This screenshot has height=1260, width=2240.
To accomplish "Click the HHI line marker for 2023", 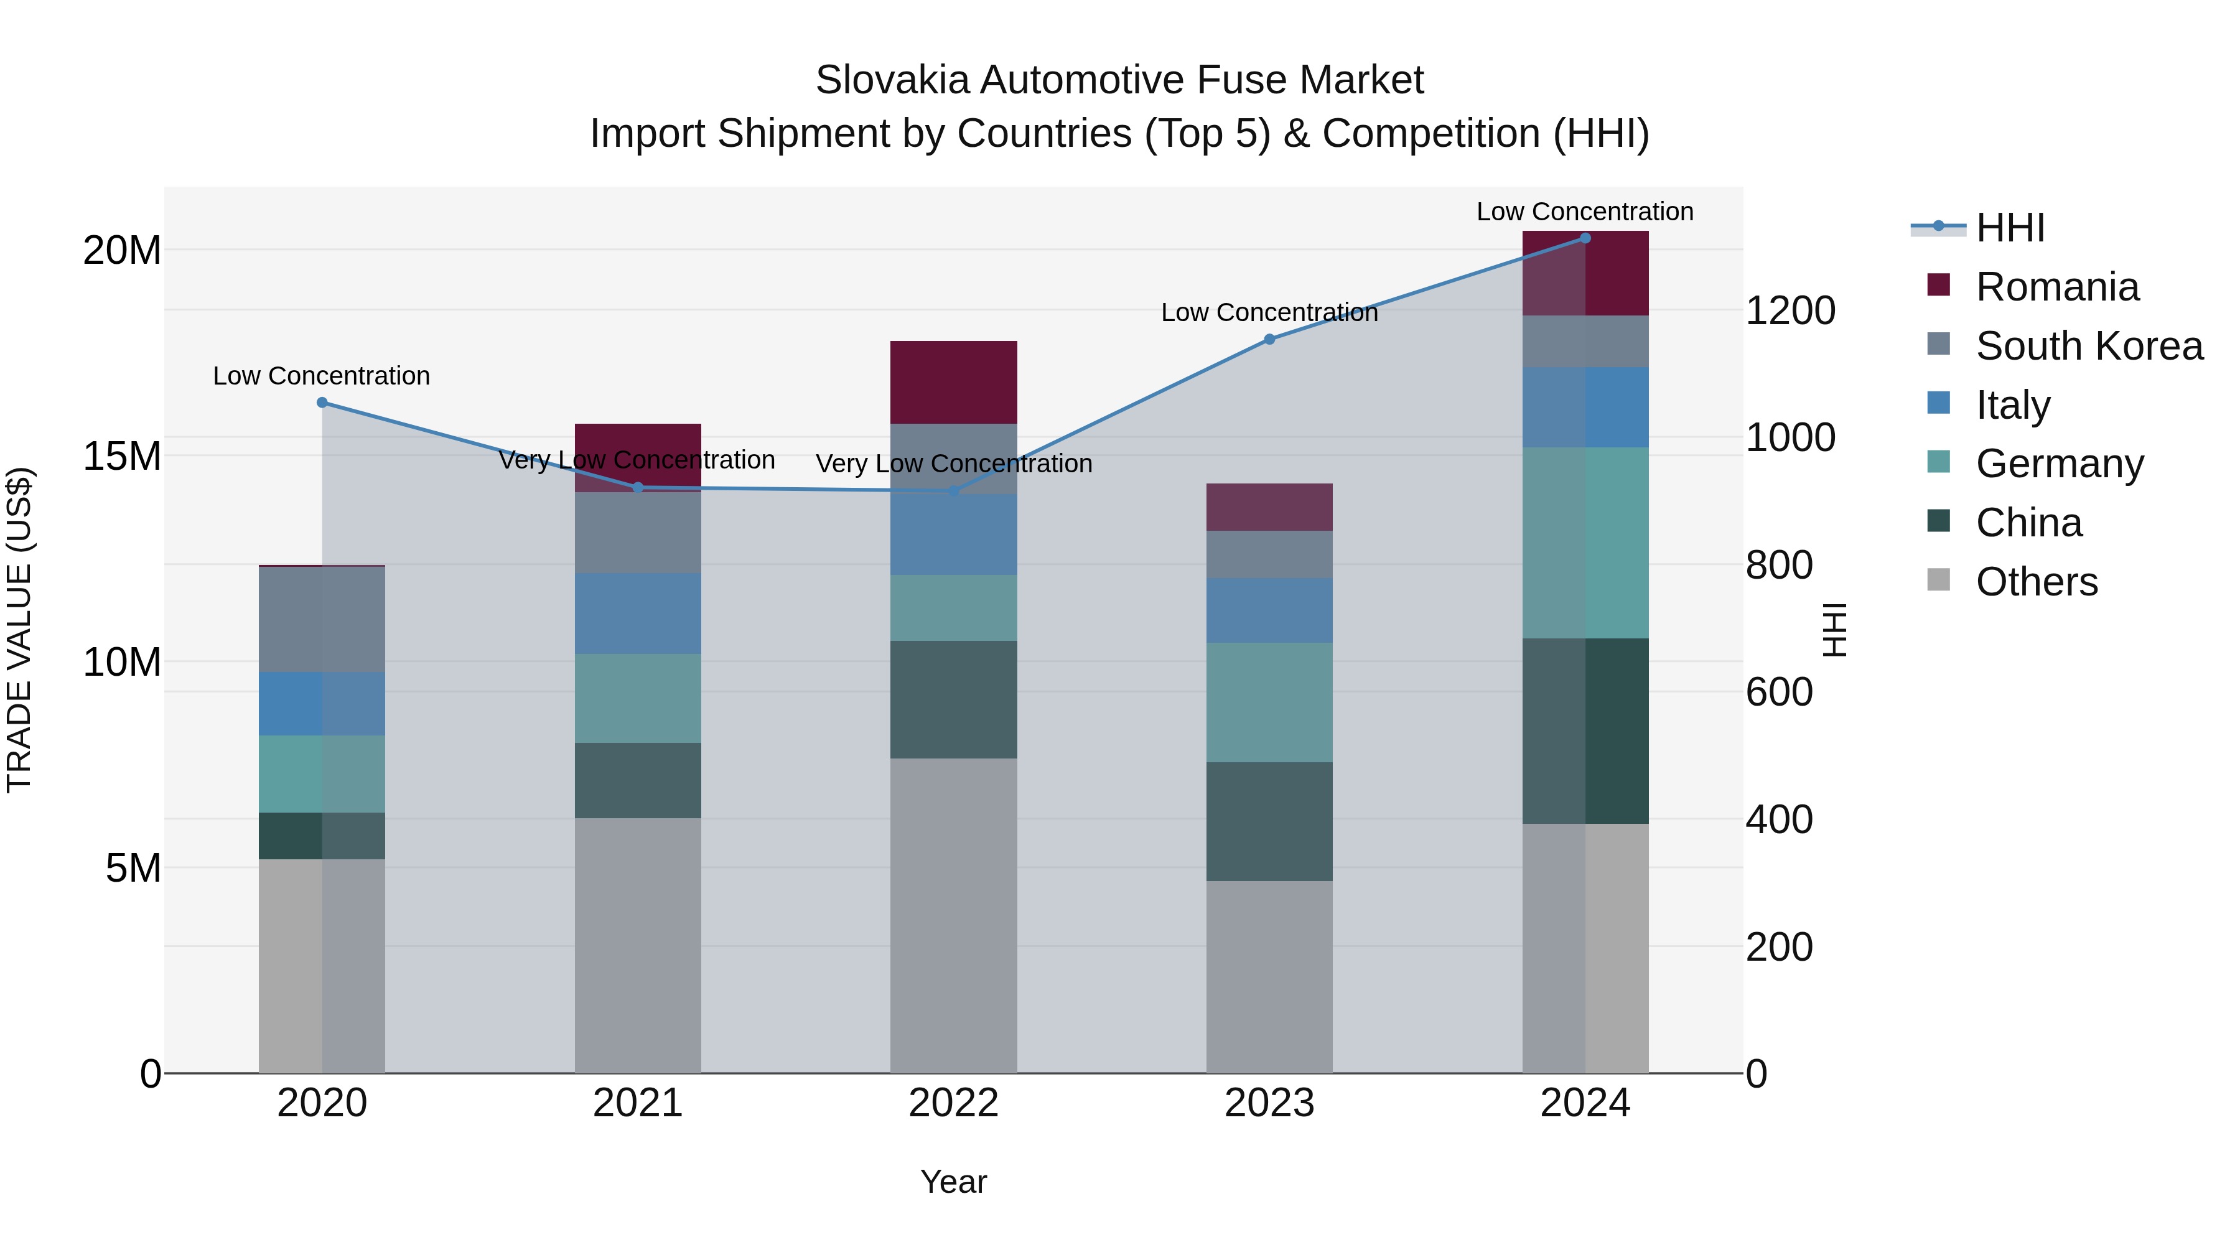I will [1269, 339].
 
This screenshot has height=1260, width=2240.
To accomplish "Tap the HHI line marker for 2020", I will [322, 403].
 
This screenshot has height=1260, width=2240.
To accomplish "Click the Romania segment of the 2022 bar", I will [953, 383].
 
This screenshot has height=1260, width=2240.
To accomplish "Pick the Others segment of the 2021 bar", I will [637, 945].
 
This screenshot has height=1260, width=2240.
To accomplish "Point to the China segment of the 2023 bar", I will [1269, 822].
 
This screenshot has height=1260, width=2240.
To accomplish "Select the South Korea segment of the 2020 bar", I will [322, 619].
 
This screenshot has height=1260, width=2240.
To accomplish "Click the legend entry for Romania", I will [2056, 287].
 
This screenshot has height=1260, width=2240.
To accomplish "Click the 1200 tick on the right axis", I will [1790, 310].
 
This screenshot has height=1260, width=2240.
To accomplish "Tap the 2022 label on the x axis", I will [953, 1103].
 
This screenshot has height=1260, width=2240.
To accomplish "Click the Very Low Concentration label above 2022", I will [953, 464].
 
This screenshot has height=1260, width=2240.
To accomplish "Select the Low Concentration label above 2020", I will [322, 376].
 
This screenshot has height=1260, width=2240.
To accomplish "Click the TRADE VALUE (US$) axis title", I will [19, 630].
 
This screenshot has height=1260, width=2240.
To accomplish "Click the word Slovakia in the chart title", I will [892, 80].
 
